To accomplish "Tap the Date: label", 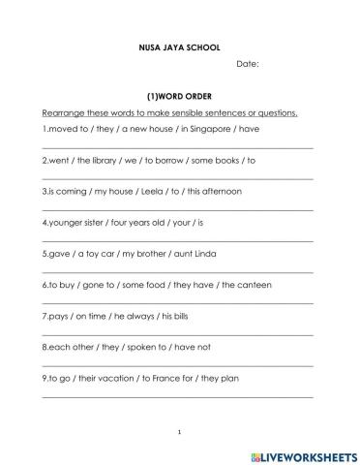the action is (x=248, y=64).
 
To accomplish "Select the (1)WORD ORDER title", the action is (x=179, y=96).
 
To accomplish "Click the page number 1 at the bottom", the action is (x=179, y=431).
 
